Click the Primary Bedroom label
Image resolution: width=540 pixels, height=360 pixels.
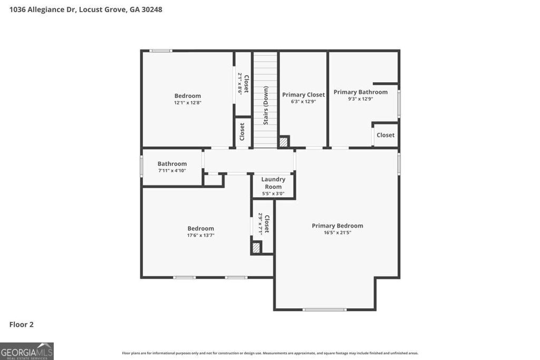(337, 226)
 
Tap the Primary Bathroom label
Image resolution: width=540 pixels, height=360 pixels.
(360, 92)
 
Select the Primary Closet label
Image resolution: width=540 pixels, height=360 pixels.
(303, 95)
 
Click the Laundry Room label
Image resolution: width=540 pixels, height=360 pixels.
(273, 183)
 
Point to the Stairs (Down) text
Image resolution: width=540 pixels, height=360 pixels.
(266, 105)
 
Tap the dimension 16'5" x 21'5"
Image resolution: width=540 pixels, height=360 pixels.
(337, 232)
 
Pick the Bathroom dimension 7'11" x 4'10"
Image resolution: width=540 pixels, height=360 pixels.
(172, 171)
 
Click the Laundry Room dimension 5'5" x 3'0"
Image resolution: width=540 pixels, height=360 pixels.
(273, 193)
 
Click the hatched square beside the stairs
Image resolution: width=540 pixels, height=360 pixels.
(284, 142)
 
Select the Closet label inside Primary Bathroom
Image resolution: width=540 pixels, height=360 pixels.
(385, 135)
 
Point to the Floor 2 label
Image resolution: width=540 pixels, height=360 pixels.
(21, 325)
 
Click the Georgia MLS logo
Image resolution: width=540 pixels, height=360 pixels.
(27, 351)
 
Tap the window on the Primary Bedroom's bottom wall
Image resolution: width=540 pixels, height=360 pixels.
(324, 309)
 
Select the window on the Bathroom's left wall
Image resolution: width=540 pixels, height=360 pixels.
(141, 166)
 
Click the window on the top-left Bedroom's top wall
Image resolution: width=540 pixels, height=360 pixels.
(160, 51)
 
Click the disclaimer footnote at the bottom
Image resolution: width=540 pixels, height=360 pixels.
(270, 353)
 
